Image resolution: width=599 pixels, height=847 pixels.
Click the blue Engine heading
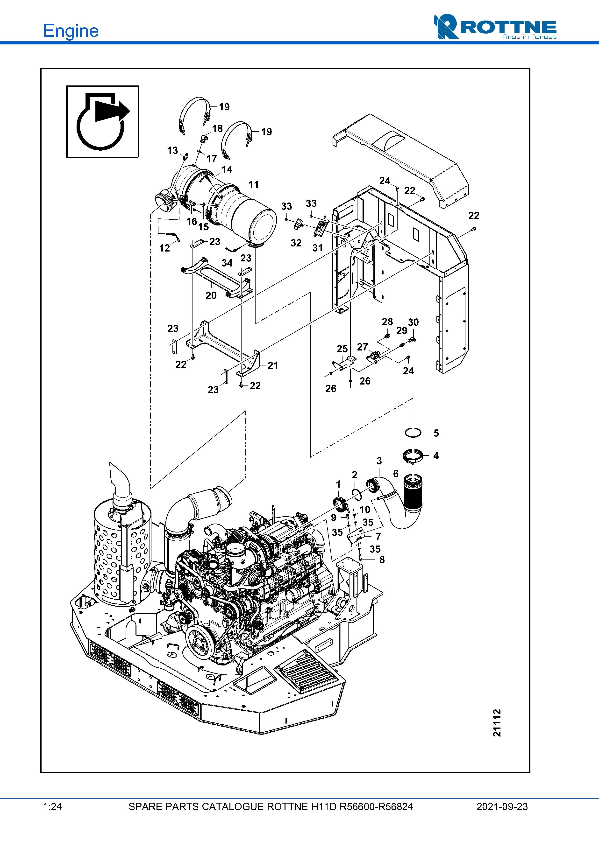(x=71, y=31)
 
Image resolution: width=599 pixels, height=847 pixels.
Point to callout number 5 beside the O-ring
(x=436, y=433)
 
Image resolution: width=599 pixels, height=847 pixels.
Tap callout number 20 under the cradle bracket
(x=211, y=295)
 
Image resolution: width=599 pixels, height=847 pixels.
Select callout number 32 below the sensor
(x=296, y=243)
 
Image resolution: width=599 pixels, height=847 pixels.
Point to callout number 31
(x=317, y=248)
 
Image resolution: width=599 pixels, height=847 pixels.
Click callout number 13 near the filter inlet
(x=172, y=151)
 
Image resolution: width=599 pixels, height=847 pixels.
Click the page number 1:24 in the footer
(x=52, y=807)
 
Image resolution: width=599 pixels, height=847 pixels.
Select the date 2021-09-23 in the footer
(x=502, y=807)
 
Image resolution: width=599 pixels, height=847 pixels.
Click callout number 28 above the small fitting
(x=387, y=322)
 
